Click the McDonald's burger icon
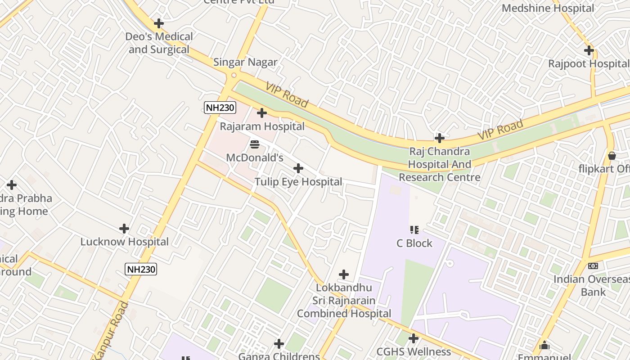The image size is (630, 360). (x=255, y=144)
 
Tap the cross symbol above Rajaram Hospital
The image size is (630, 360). (x=262, y=113)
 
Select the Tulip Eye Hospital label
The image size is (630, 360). (x=298, y=182)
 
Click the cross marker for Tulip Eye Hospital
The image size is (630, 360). (x=298, y=168)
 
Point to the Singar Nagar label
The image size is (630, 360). (x=245, y=62)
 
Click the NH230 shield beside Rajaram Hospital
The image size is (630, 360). (x=220, y=107)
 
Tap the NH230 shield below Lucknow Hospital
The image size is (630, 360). (x=141, y=269)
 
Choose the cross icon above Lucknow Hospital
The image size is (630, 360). (x=124, y=229)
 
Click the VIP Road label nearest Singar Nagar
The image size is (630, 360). (x=287, y=95)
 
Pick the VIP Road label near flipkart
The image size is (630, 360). (x=500, y=130)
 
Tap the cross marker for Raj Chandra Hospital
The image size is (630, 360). (x=440, y=138)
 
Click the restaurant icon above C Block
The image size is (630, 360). (x=414, y=230)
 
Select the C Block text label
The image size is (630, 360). (x=414, y=243)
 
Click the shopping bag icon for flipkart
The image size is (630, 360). (x=612, y=156)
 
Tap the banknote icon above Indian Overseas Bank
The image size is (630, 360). (x=593, y=266)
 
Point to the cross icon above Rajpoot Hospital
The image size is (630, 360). (x=589, y=50)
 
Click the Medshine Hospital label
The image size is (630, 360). (x=548, y=8)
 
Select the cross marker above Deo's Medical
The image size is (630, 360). (x=158, y=23)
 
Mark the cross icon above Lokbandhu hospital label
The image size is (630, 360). (x=344, y=274)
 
